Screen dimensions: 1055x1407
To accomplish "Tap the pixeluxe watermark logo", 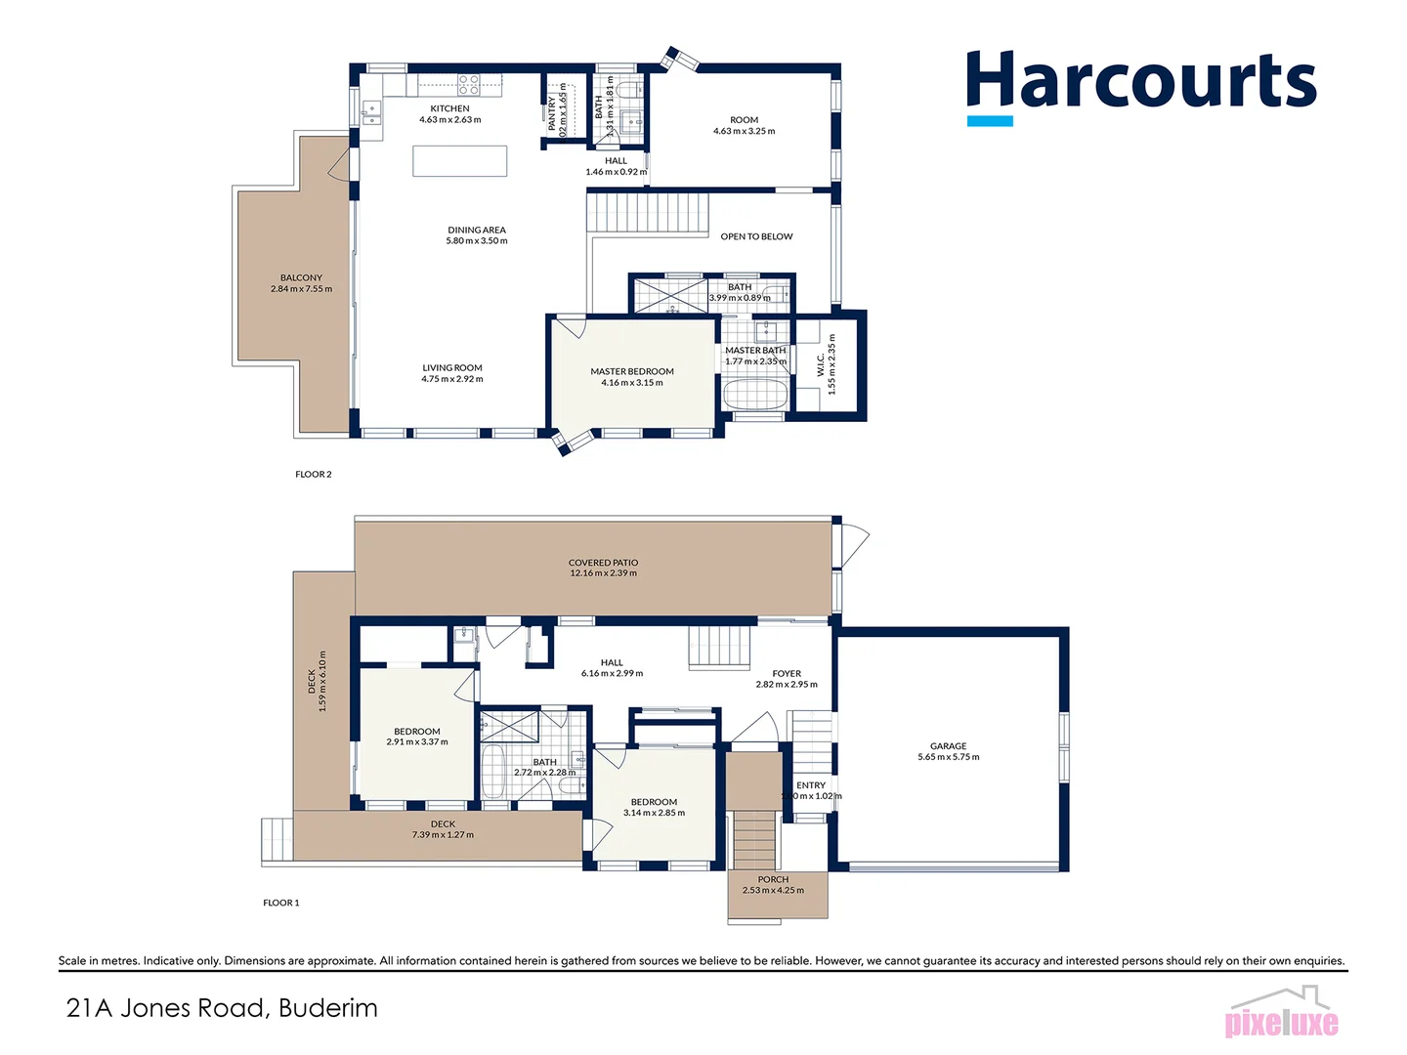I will pyautogui.click(x=1281, y=1016).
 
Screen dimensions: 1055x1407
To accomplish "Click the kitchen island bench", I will pyautogui.click(x=459, y=160).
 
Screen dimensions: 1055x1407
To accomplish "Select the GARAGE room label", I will pyautogui.click(x=948, y=746).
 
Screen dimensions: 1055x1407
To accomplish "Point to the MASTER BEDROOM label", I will pyautogui.click(x=632, y=371).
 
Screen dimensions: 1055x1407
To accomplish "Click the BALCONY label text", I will pyautogui.click(x=301, y=278).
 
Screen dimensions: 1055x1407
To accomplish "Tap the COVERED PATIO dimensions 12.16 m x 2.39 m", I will pyautogui.click(x=603, y=573).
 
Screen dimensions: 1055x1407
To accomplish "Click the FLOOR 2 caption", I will pyautogui.click(x=314, y=475).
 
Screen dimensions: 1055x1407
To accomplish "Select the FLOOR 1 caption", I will pyautogui.click(x=281, y=903).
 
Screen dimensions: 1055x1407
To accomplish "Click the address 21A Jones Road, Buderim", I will pyautogui.click(x=222, y=1008).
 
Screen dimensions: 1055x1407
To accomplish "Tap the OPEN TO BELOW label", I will pyautogui.click(x=756, y=236).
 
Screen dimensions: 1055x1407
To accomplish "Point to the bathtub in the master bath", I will pyautogui.click(x=754, y=396).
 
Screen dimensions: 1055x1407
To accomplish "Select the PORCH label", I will pyautogui.click(x=773, y=879).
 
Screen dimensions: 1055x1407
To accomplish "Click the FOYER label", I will pyautogui.click(x=787, y=673).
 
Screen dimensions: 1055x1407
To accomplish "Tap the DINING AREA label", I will pyautogui.click(x=477, y=231).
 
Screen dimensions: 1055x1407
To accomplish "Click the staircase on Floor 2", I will pyautogui.click(x=647, y=212).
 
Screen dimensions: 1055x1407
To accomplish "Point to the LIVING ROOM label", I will pyautogui.click(x=452, y=368).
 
